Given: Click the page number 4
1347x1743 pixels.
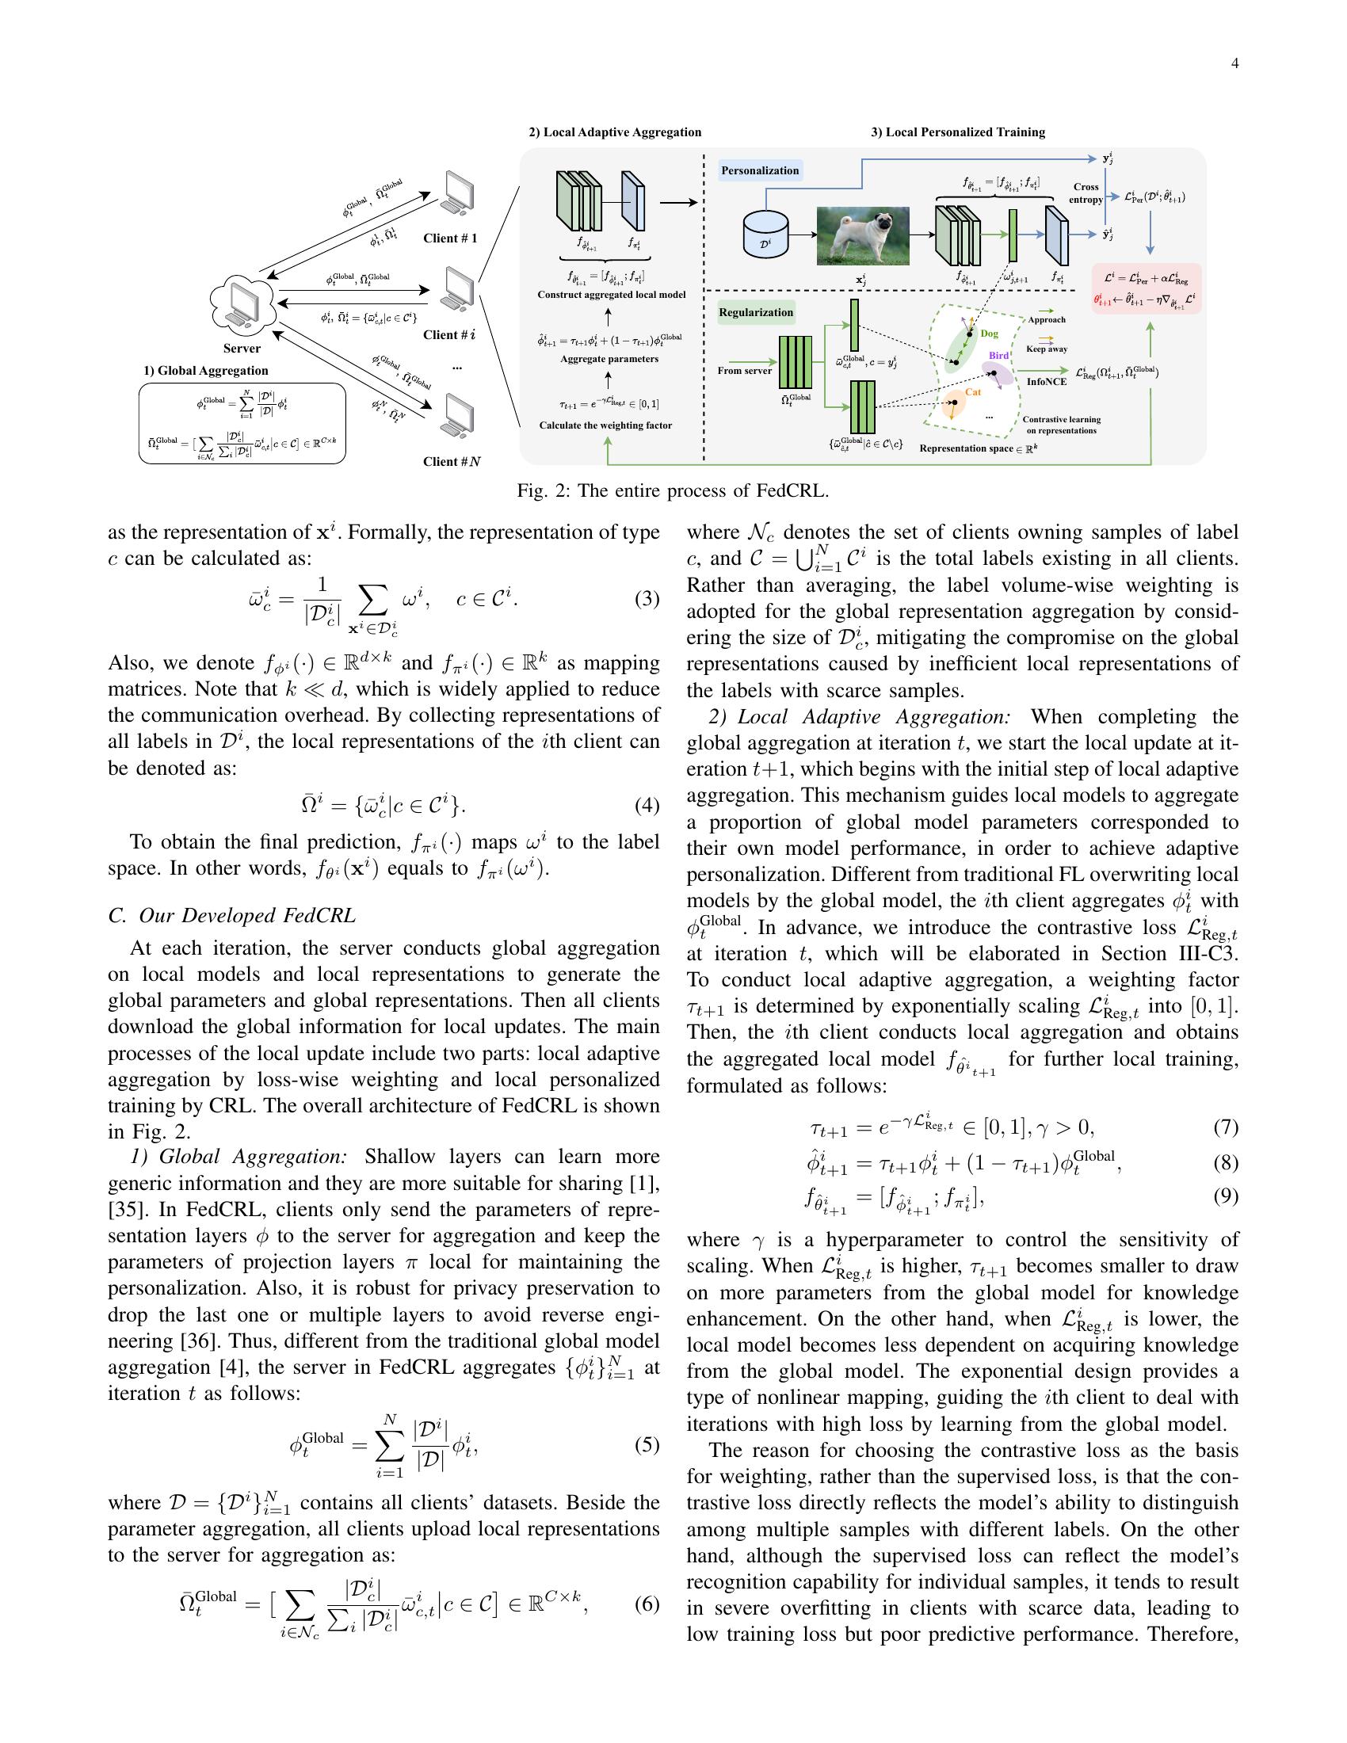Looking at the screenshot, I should coord(1234,64).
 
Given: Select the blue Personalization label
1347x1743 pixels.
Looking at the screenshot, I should coord(760,171).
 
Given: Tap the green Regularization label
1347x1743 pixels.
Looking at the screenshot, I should coord(756,312).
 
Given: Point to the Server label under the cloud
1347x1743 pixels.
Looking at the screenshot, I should coord(242,349).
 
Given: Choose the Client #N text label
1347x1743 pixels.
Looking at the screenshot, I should coord(452,461).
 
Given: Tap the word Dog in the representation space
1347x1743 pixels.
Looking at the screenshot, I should coord(989,334).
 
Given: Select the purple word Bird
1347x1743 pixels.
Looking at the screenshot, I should coord(998,355).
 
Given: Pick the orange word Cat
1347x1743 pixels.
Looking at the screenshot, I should coord(973,392).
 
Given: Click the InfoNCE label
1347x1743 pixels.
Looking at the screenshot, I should coord(1046,382).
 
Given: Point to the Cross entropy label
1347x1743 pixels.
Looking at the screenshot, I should coord(1086,193).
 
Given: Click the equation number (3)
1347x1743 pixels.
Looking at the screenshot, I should coord(647,598).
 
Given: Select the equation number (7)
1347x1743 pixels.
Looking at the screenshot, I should coord(1226,1127).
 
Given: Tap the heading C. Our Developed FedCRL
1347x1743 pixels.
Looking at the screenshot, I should coord(231,915).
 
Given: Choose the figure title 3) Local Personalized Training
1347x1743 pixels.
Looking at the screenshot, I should coord(958,132).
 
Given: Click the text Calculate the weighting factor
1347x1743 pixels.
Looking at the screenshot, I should coord(605,425).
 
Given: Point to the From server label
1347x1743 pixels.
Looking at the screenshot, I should coord(744,370).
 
